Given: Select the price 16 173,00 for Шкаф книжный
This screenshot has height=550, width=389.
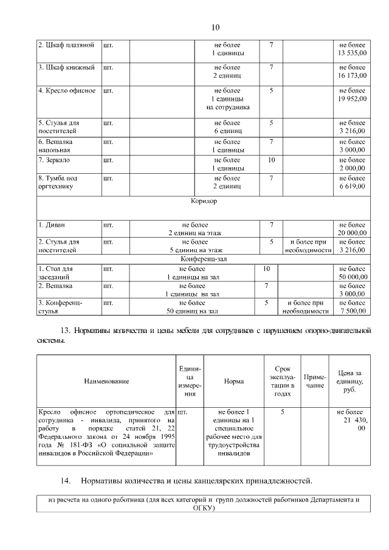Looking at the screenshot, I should tap(353, 76).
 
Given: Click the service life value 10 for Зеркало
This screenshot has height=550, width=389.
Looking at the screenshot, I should tap(271, 160).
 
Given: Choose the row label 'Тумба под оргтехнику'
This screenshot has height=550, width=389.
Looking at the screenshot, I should tap(58, 182).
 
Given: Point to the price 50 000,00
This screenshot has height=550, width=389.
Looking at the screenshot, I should tap(353, 277).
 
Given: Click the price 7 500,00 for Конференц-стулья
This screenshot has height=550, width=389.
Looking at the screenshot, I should tap(353, 311).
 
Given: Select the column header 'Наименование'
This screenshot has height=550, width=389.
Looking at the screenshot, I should tap(106, 381).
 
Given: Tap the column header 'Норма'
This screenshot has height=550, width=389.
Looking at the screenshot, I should tap(234, 381).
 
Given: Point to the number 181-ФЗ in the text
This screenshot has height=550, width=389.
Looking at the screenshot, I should tap(80, 444).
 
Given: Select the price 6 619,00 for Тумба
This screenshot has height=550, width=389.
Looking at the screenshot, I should tap(353, 187).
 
